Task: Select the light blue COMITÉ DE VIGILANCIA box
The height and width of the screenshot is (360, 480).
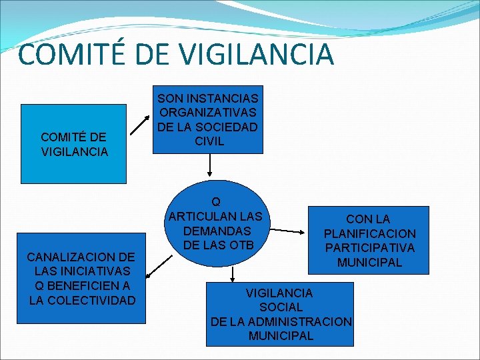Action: click(x=73, y=144)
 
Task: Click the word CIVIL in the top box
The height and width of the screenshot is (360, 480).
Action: click(x=209, y=141)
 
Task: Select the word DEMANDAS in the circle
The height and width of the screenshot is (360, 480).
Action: click(x=216, y=231)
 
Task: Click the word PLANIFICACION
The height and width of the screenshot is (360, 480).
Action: click(x=369, y=233)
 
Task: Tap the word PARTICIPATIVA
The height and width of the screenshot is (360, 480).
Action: click(x=369, y=248)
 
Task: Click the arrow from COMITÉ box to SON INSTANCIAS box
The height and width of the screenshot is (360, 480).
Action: click(x=141, y=123)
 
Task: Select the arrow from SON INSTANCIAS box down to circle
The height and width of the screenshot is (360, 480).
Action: click(x=210, y=163)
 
